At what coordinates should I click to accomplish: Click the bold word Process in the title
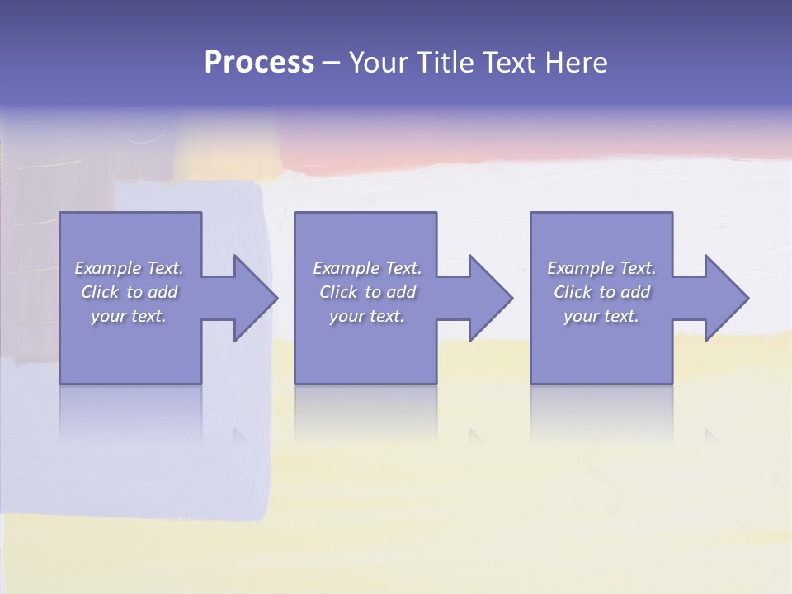coord(259,63)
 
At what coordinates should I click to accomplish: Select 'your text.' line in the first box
coord(129,316)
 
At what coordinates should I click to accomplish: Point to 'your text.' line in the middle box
coord(367,316)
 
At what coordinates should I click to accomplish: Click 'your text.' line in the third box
coord(601,316)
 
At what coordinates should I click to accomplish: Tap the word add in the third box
coord(635,292)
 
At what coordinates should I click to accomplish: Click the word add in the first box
coord(163,292)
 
